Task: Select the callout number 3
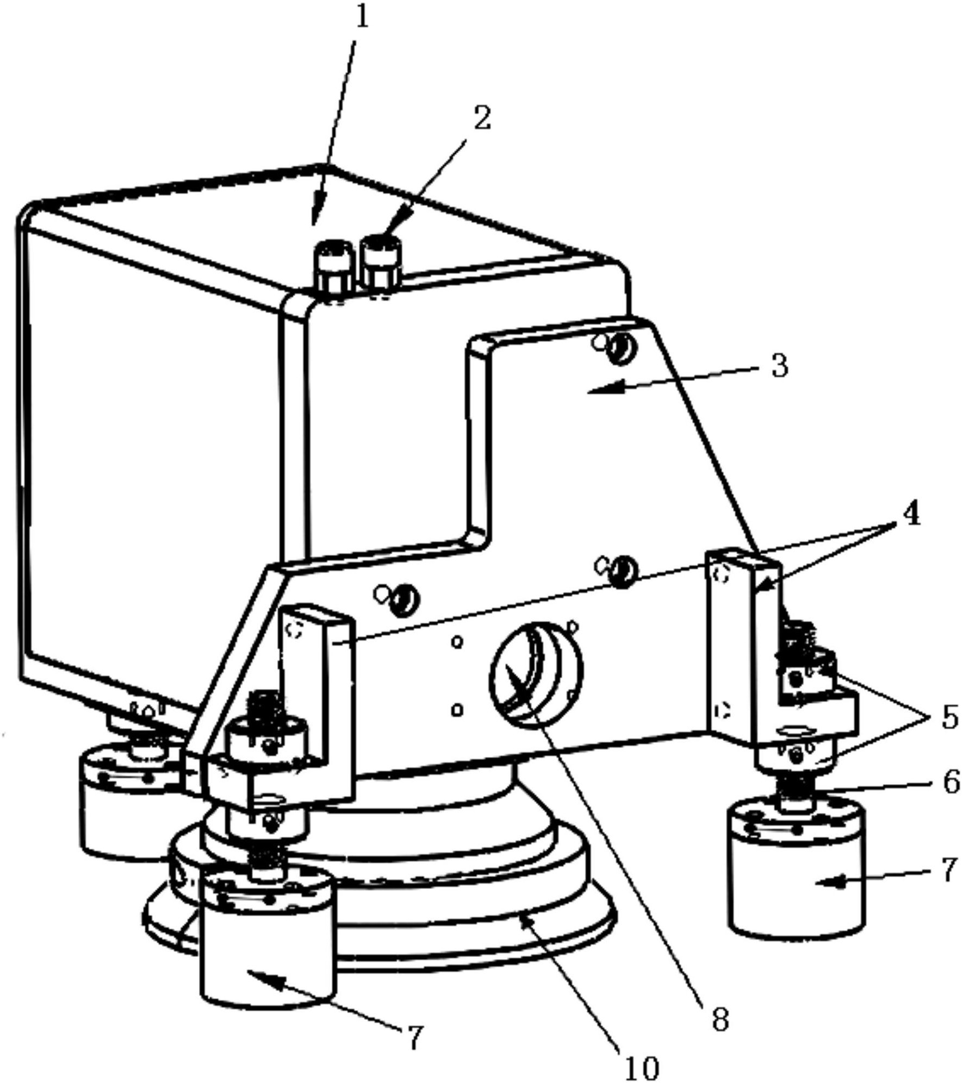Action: tap(779, 366)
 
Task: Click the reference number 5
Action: tap(949, 718)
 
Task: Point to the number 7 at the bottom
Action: tap(414, 1036)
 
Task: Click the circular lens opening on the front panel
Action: tap(536, 675)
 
